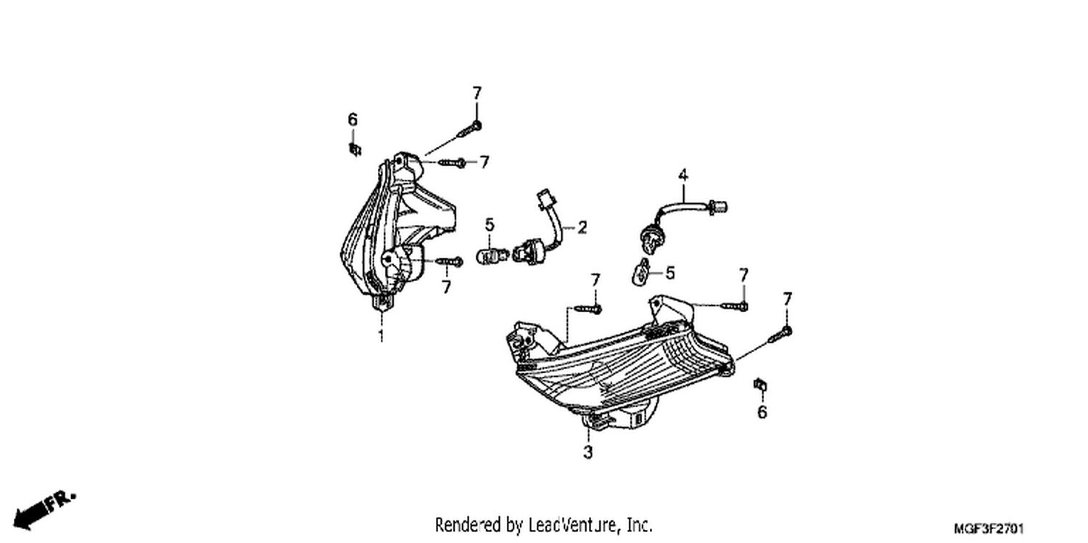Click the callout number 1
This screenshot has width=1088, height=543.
[x=382, y=335]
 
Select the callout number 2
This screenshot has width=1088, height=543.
[x=582, y=227]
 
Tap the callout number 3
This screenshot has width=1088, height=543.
[x=588, y=452]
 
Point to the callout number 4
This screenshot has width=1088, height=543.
[x=683, y=175]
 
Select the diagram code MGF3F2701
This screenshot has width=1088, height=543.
[x=989, y=528]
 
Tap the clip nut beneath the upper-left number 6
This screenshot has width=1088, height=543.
[x=355, y=150]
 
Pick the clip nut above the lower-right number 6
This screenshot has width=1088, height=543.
[x=760, y=385]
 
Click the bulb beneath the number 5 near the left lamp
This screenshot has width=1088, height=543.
[x=493, y=254]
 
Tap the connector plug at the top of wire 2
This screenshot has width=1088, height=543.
[x=543, y=199]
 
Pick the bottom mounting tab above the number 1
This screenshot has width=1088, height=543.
[x=382, y=303]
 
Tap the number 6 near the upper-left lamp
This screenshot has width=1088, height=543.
[x=353, y=120]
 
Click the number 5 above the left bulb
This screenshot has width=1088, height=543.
[x=490, y=225]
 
